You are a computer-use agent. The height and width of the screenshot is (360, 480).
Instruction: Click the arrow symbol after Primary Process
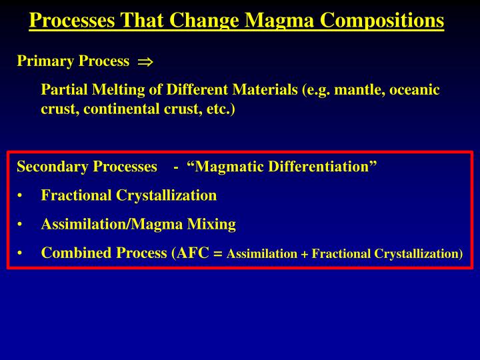click(145, 62)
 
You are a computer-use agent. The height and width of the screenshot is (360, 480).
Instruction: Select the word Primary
click(45, 61)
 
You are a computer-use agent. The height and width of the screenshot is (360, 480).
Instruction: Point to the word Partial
click(64, 90)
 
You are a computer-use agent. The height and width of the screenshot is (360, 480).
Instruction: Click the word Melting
click(117, 90)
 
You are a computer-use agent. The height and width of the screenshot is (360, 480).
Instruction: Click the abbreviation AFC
click(193, 253)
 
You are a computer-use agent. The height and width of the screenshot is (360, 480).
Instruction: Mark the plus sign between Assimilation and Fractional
click(305, 254)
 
